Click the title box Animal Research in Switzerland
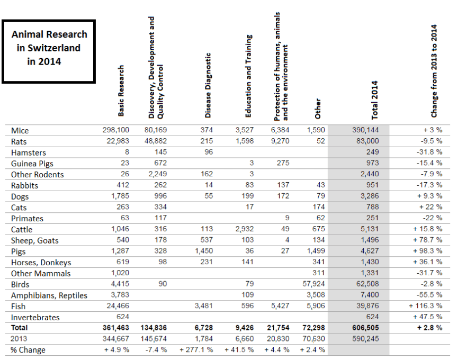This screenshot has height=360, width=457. click(x=49, y=51)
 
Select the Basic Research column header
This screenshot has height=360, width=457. click(x=121, y=91)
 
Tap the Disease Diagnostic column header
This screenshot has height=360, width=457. click(x=208, y=85)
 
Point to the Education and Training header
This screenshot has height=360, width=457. click(x=248, y=76)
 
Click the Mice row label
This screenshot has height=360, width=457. click(x=20, y=130)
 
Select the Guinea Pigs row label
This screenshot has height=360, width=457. click(x=32, y=164)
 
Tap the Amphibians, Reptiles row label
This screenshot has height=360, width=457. click(x=49, y=295)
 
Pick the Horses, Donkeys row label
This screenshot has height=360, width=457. click(x=41, y=263)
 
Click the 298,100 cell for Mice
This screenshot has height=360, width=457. click(x=116, y=130)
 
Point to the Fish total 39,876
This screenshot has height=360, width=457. click(x=366, y=307)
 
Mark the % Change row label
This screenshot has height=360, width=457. click(x=28, y=350)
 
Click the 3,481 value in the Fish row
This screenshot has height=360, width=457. click(x=203, y=307)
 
